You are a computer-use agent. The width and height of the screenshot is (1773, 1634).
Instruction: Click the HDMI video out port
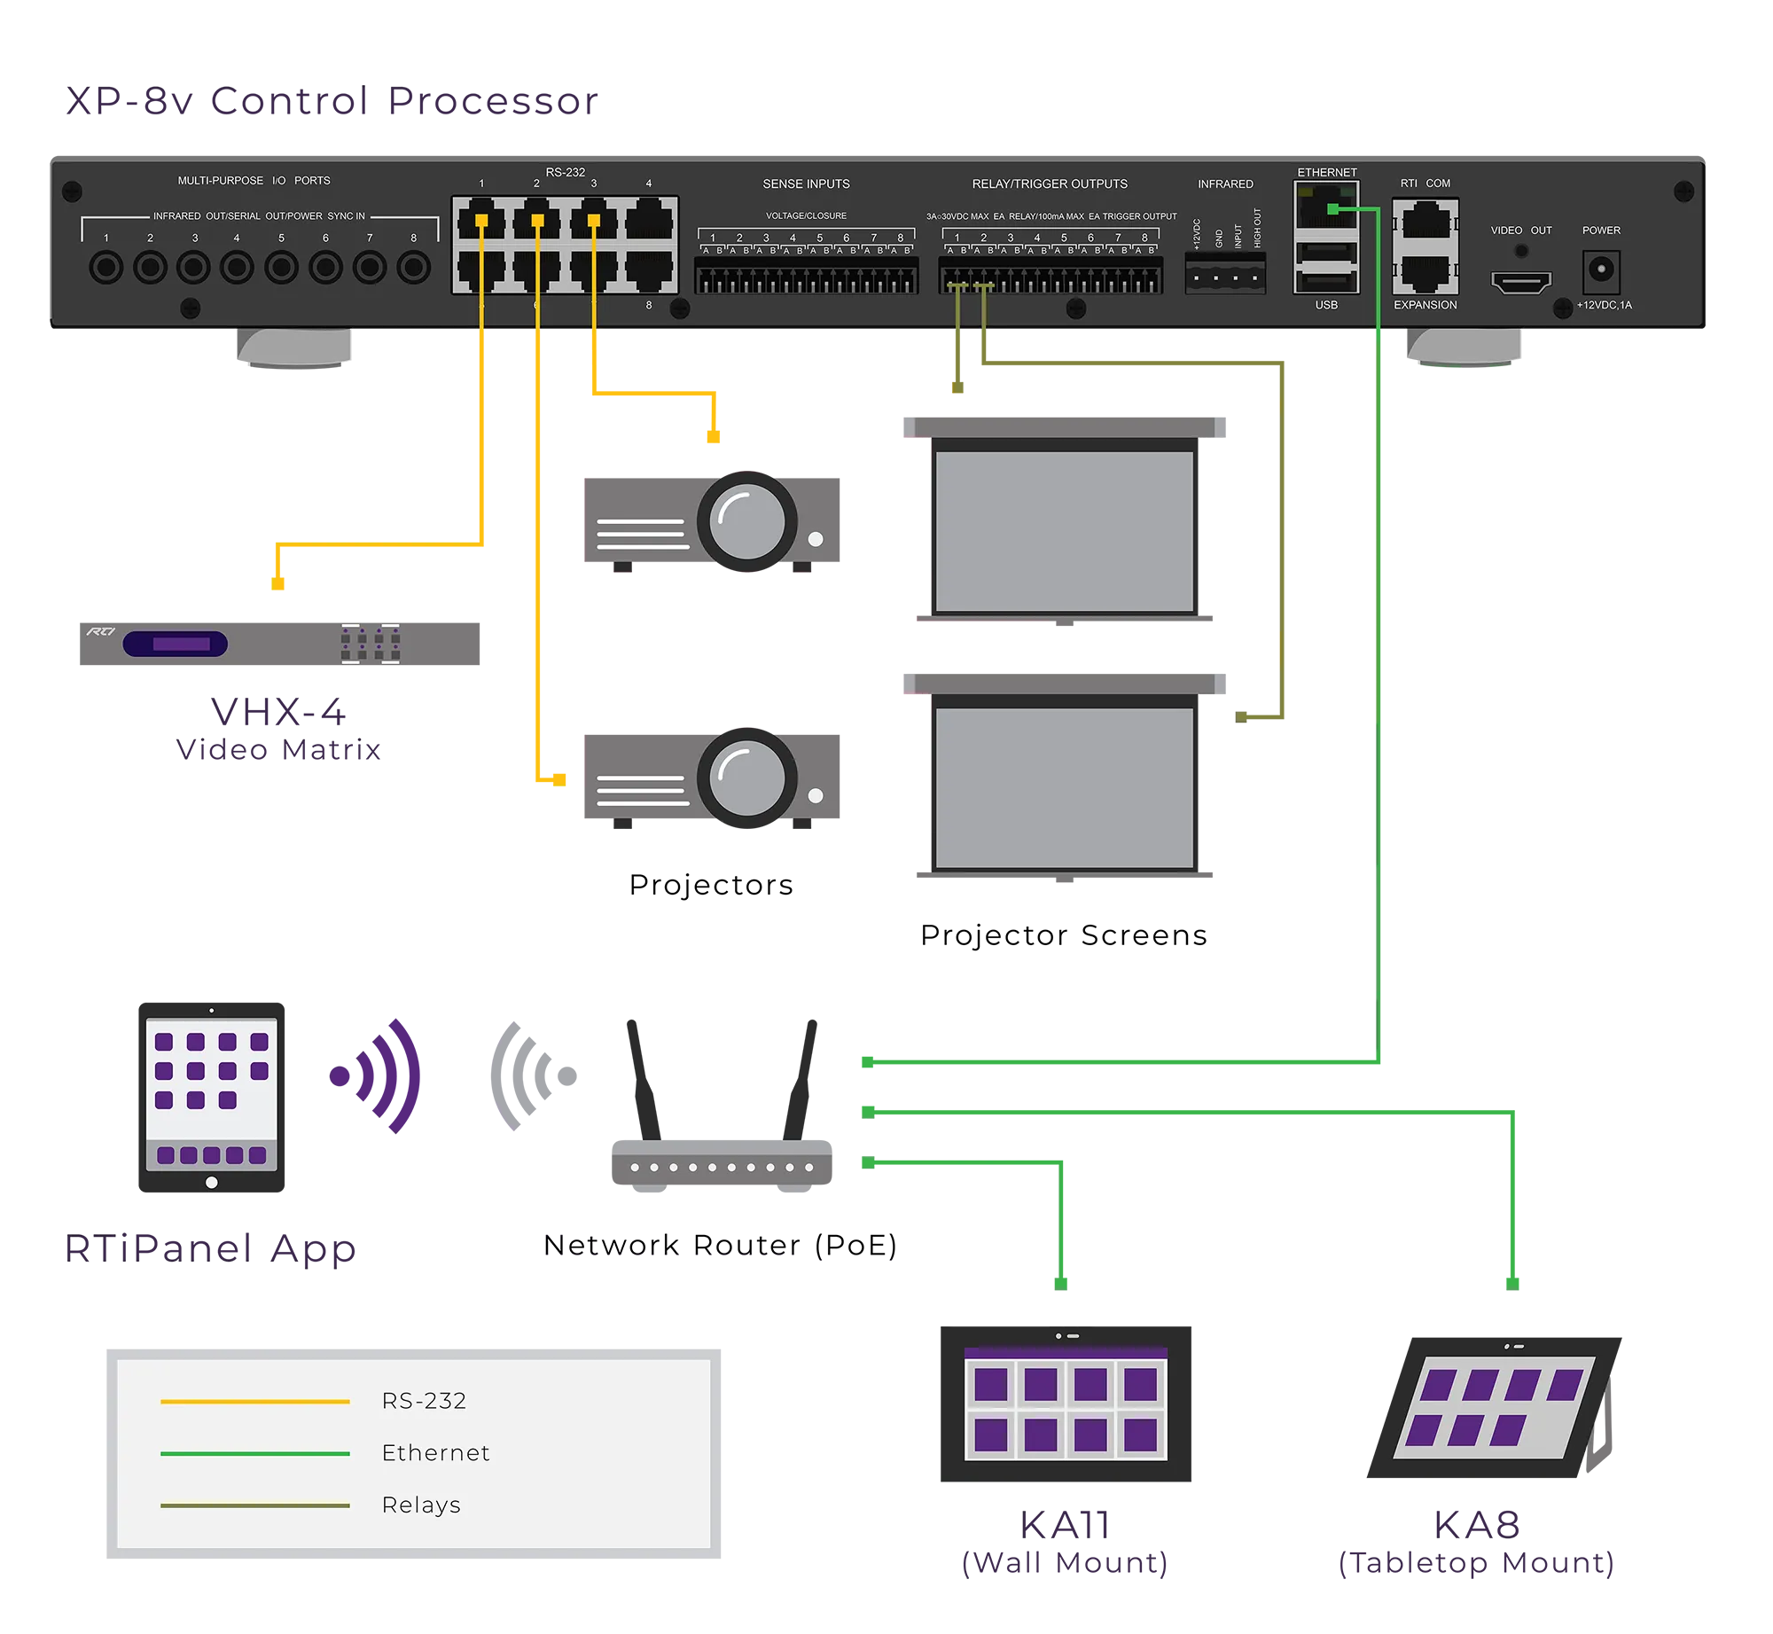click(1521, 283)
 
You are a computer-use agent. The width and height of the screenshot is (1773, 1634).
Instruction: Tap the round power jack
click(1601, 268)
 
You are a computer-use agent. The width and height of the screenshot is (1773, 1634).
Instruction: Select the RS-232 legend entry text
click(424, 1401)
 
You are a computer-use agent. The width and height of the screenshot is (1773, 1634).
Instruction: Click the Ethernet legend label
click(435, 1453)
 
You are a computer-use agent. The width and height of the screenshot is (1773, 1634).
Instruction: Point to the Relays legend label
click(421, 1505)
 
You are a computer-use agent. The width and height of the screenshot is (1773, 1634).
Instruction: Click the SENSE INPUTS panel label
click(806, 184)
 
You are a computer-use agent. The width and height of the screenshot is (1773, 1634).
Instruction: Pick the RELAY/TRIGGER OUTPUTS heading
click(1050, 184)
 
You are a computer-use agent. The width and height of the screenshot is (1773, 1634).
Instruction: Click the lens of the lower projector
click(746, 778)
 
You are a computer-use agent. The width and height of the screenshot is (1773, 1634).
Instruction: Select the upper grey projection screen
click(1065, 530)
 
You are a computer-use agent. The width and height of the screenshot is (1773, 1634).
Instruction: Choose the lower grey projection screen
click(1065, 787)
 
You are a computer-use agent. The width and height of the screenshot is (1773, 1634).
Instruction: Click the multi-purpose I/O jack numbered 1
click(106, 267)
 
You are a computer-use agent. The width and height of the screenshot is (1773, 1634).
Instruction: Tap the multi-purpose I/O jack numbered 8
click(413, 267)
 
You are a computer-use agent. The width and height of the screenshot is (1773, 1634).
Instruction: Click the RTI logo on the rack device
click(100, 631)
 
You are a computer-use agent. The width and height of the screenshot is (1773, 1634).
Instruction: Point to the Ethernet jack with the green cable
click(1326, 208)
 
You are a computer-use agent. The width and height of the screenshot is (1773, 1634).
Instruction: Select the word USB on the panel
click(1326, 305)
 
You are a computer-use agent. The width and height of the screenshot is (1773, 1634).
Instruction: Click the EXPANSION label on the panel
click(1425, 305)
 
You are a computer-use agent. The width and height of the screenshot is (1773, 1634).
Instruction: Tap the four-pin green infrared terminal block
click(1225, 277)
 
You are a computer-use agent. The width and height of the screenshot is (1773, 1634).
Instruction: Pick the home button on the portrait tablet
click(211, 1183)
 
